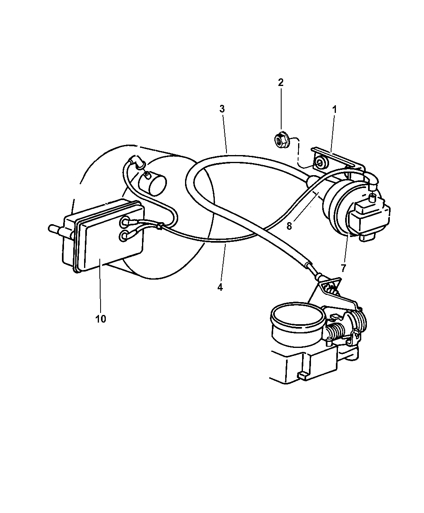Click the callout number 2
coord(280,82)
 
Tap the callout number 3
coord(222,109)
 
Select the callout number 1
coord(334,110)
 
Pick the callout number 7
coord(344,268)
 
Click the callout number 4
coord(220,287)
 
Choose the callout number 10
coord(101,319)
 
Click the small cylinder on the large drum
coord(152,183)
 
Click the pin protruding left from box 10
coord(56,229)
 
